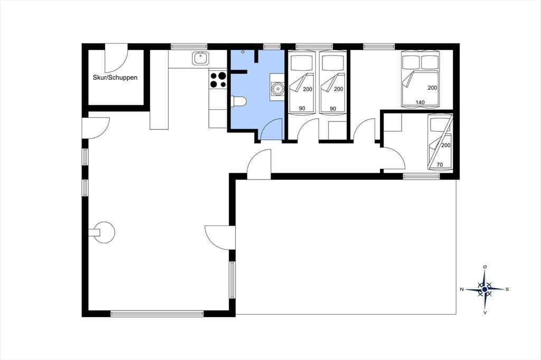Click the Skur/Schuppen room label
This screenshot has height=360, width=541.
[x=115, y=78]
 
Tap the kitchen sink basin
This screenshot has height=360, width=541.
[x=200, y=58]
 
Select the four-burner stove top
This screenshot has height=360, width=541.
[x=218, y=79]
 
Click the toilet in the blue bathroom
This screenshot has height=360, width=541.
[x=238, y=101]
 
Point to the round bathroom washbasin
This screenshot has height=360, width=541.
[x=277, y=89]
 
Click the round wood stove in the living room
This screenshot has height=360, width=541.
[x=104, y=232]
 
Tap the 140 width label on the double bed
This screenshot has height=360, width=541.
[x=420, y=102]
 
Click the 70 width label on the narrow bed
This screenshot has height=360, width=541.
[x=440, y=165]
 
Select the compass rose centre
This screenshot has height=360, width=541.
[x=485, y=289]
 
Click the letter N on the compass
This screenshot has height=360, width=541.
[x=462, y=290]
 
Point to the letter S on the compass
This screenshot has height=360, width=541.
[x=507, y=290]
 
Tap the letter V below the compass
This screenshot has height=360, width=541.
[x=485, y=313]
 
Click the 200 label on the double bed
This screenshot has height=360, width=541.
[x=432, y=88]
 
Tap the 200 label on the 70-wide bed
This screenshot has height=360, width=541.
[x=446, y=145]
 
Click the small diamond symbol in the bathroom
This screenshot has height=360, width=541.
[x=242, y=52]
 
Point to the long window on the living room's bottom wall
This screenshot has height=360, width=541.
[x=157, y=314]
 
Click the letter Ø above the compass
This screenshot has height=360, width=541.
[x=485, y=267]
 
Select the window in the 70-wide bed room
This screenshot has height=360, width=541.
[x=421, y=176]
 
